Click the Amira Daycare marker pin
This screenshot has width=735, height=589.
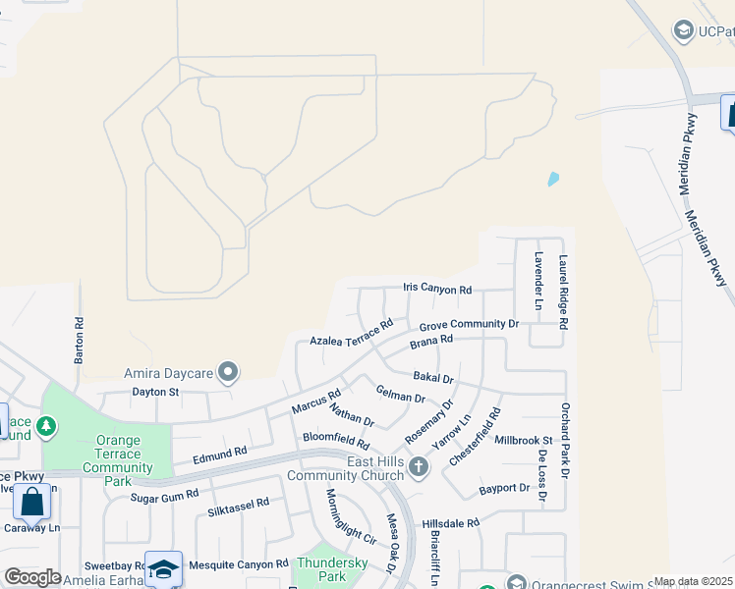229,372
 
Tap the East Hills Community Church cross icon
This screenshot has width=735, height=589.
419,466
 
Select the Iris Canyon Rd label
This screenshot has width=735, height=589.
437,289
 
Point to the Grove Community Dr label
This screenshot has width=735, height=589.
468,324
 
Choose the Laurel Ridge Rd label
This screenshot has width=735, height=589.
564,293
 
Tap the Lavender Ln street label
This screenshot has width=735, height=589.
538,281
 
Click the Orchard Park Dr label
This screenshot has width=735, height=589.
565,441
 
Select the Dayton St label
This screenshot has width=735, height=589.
155,392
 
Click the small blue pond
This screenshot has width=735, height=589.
553,180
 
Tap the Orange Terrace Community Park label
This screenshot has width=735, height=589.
118,454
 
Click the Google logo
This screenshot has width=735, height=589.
32,577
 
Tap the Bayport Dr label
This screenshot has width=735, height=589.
504,488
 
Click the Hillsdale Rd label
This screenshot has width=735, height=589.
451,523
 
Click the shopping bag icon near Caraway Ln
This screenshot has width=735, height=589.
32,503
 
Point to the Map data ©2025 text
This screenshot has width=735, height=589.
694,581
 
